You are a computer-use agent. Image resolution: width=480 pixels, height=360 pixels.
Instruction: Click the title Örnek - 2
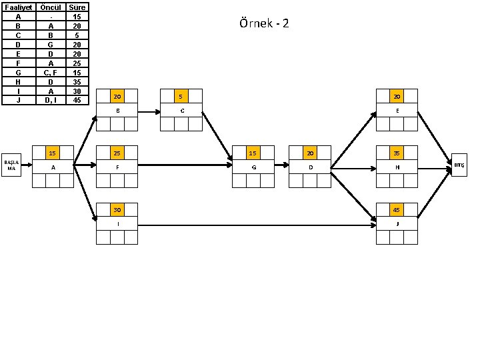tap(264, 24)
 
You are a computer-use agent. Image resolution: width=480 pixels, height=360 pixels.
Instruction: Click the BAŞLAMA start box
tap(11, 165)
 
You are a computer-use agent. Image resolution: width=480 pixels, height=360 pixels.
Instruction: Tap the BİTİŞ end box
tap(459, 164)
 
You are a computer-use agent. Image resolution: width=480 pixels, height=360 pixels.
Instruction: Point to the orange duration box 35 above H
tap(397, 153)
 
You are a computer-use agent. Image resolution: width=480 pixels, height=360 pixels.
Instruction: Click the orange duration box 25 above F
tap(117, 153)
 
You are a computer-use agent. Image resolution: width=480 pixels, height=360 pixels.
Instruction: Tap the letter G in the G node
tap(253, 167)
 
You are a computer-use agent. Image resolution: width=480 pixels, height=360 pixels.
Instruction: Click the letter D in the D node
tap(310, 167)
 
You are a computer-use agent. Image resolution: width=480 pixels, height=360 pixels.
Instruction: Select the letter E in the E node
tap(397, 110)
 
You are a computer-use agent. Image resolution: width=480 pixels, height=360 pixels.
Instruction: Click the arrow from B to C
tap(149, 110)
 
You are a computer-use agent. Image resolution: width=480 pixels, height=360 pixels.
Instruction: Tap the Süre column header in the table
tap(77, 7)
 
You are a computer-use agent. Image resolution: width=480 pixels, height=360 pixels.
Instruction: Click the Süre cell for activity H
tap(77, 81)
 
